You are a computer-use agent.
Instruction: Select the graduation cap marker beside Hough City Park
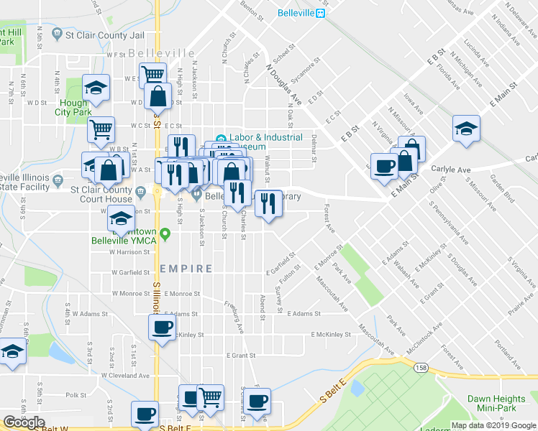[x=96, y=88]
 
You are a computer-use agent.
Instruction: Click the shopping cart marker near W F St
[x=152, y=73]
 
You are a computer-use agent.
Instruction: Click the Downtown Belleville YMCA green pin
[x=165, y=233]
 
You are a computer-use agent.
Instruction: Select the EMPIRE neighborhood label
[x=186, y=269]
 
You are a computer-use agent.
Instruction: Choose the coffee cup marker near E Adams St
[x=161, y=328]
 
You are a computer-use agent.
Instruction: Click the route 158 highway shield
[x=421, y=368]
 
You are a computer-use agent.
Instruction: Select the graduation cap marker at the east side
[x=466, y=128]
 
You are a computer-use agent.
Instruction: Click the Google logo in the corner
[x=24, y=422]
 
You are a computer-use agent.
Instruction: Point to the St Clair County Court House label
[x=101, y=195]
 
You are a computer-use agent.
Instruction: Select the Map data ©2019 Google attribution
[x=493, y=425]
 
